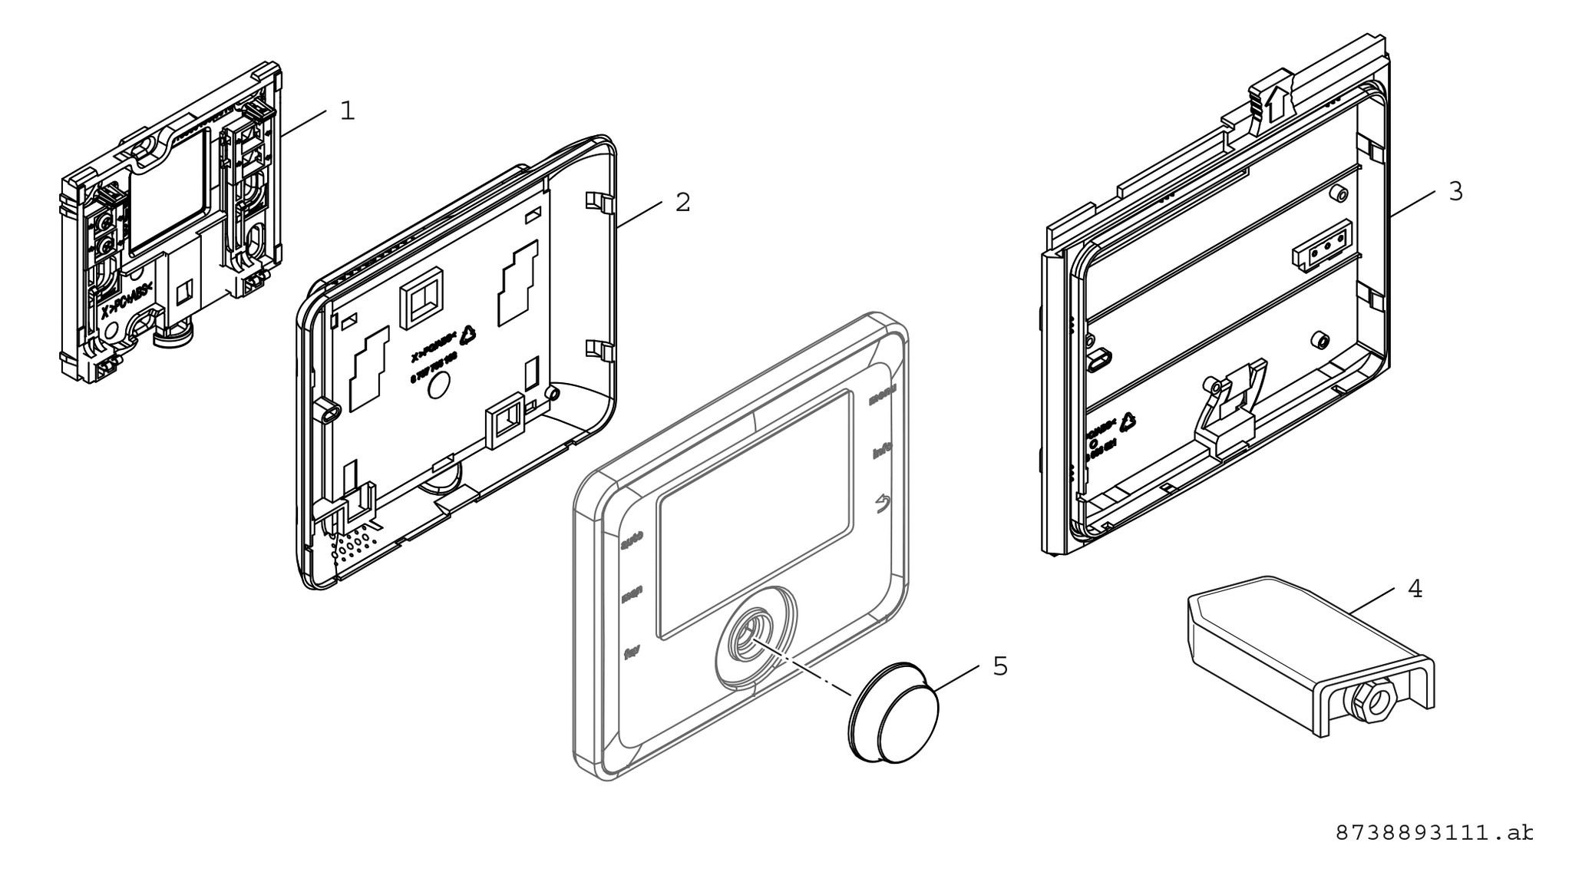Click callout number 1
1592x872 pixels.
coord(348,111)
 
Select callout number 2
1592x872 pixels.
coord(682,203)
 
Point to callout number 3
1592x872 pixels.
coord(1455,191)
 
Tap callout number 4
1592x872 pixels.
coord(1415,589)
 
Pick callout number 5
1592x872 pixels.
coord(999,666)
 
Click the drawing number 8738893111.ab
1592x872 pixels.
coord(1434,833)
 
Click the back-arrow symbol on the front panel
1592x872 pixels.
coord(884,504)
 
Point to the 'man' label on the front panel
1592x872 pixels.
coord(632,593)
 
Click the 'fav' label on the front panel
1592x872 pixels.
coord(633,653)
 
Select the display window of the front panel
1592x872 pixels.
coord(755,515)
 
